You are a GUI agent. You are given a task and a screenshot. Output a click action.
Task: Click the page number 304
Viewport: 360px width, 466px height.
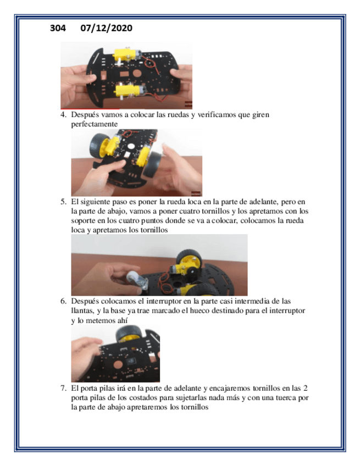58,28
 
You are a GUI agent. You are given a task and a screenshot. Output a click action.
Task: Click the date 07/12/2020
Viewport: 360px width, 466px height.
107,28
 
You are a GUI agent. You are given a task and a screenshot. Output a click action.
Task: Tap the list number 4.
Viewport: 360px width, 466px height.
63,115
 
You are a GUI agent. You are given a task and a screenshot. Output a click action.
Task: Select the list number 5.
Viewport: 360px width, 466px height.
63,202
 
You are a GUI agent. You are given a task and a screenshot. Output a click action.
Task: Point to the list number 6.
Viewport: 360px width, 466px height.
63,301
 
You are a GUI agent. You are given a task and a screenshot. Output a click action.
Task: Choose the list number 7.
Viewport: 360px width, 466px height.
63,388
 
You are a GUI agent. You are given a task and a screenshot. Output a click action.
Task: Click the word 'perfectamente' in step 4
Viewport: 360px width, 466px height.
94,124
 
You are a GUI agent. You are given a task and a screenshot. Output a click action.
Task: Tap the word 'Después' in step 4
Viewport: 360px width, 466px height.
85,115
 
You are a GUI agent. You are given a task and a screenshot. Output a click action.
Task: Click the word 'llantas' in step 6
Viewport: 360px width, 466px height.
82,311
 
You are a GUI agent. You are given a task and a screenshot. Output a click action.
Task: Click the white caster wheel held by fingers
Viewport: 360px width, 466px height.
133,279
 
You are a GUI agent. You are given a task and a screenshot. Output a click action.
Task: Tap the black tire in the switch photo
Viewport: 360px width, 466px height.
129,333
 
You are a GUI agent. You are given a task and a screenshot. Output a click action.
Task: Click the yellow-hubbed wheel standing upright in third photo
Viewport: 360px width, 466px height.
189,262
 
